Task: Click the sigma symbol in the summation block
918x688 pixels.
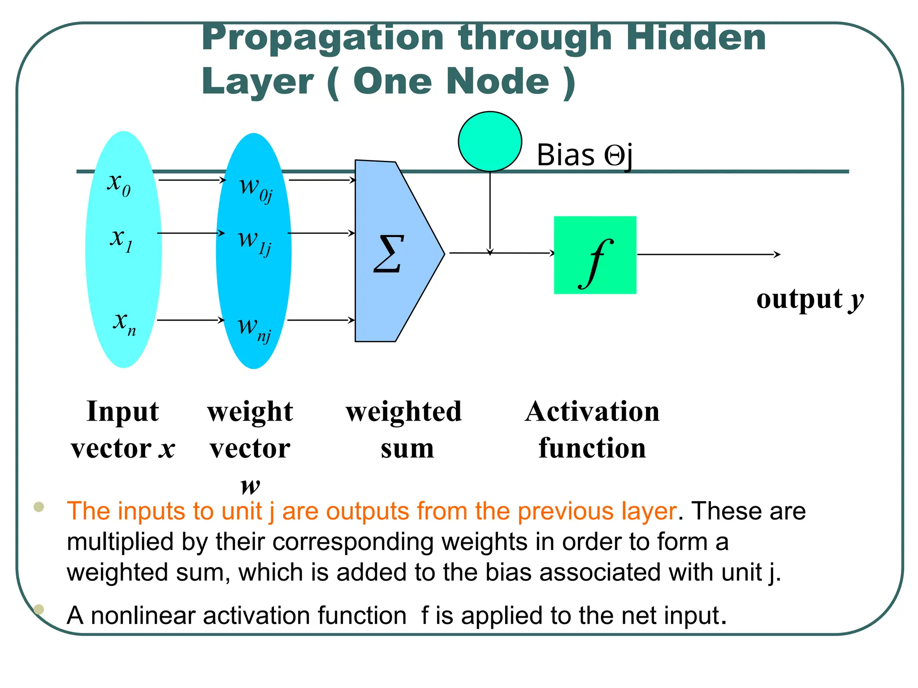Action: point(388,254)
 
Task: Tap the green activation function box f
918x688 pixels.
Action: point(595,255)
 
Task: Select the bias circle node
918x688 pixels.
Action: point(489,142)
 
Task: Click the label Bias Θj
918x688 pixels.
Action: point(584,155)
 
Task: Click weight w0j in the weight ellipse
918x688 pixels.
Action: point(255,188)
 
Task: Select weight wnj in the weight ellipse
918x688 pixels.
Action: point(254,329)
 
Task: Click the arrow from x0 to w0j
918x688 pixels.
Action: point(192,180)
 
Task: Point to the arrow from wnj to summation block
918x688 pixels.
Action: point(320,320)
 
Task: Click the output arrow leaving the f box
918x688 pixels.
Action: point(708,254)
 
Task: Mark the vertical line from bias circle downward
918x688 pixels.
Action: point(490,211)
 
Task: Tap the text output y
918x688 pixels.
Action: point(810,299)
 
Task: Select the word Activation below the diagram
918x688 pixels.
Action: point(592,411)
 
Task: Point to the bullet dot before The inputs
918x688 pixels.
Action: point(39,507)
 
